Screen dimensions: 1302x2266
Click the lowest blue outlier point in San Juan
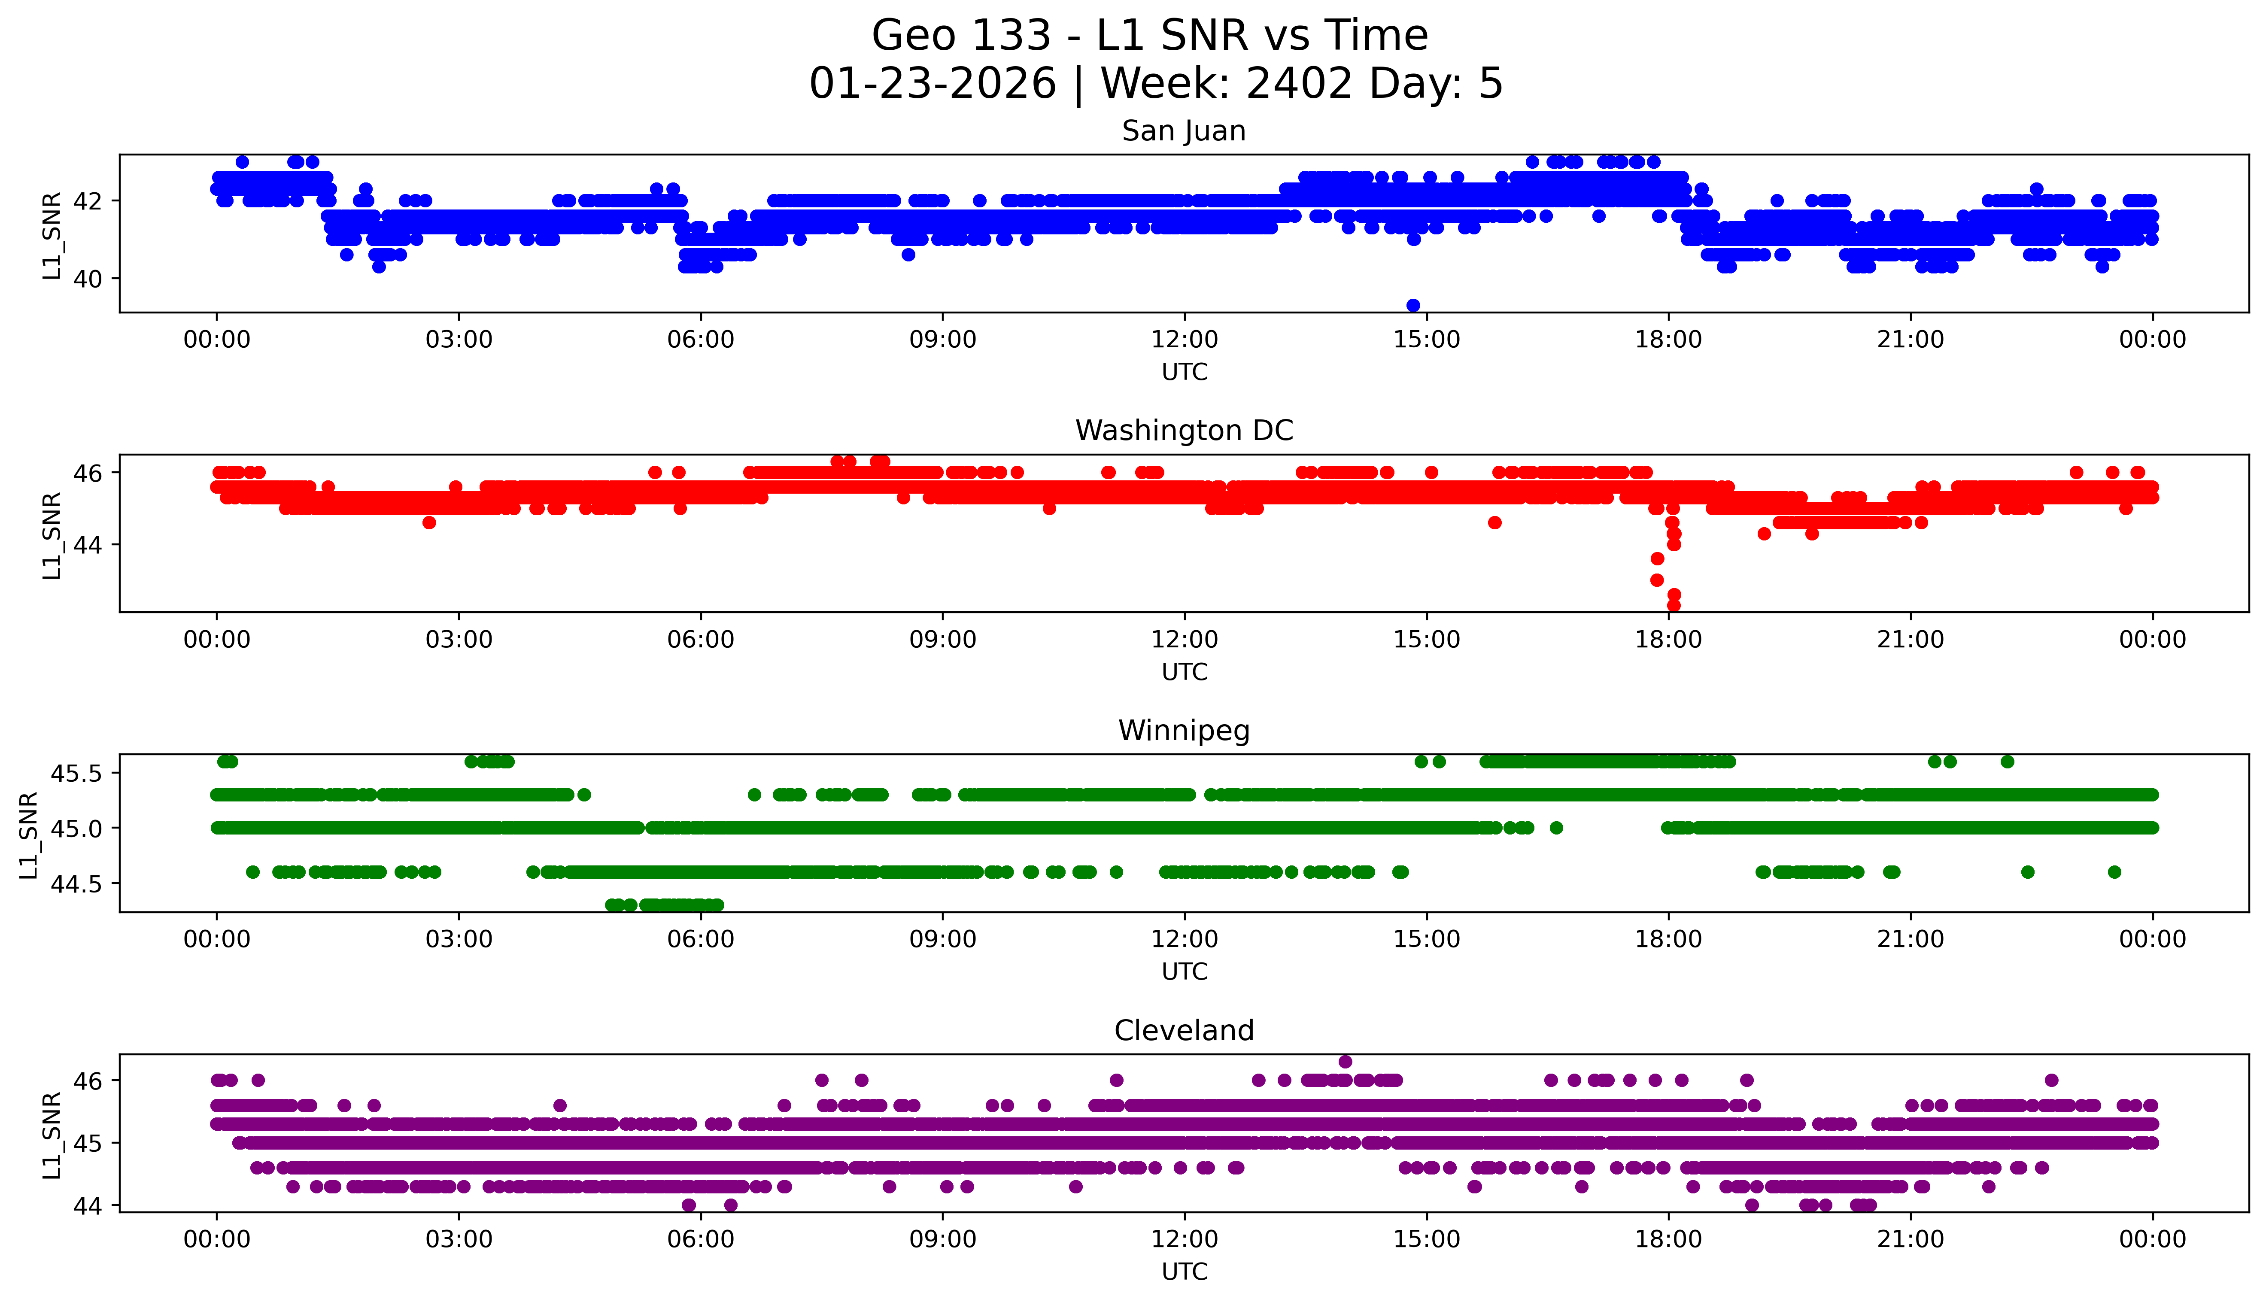1413,306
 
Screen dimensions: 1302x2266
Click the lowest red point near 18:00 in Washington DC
1674,605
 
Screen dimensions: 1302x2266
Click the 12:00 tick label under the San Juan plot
1184,340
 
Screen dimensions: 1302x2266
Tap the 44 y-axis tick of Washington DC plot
89,545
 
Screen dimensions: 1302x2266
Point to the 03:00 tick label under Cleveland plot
459,1239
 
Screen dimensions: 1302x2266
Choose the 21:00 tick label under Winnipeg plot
1910,940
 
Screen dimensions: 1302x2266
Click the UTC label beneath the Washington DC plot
1184,671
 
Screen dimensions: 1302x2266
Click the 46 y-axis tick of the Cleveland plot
89,1080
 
